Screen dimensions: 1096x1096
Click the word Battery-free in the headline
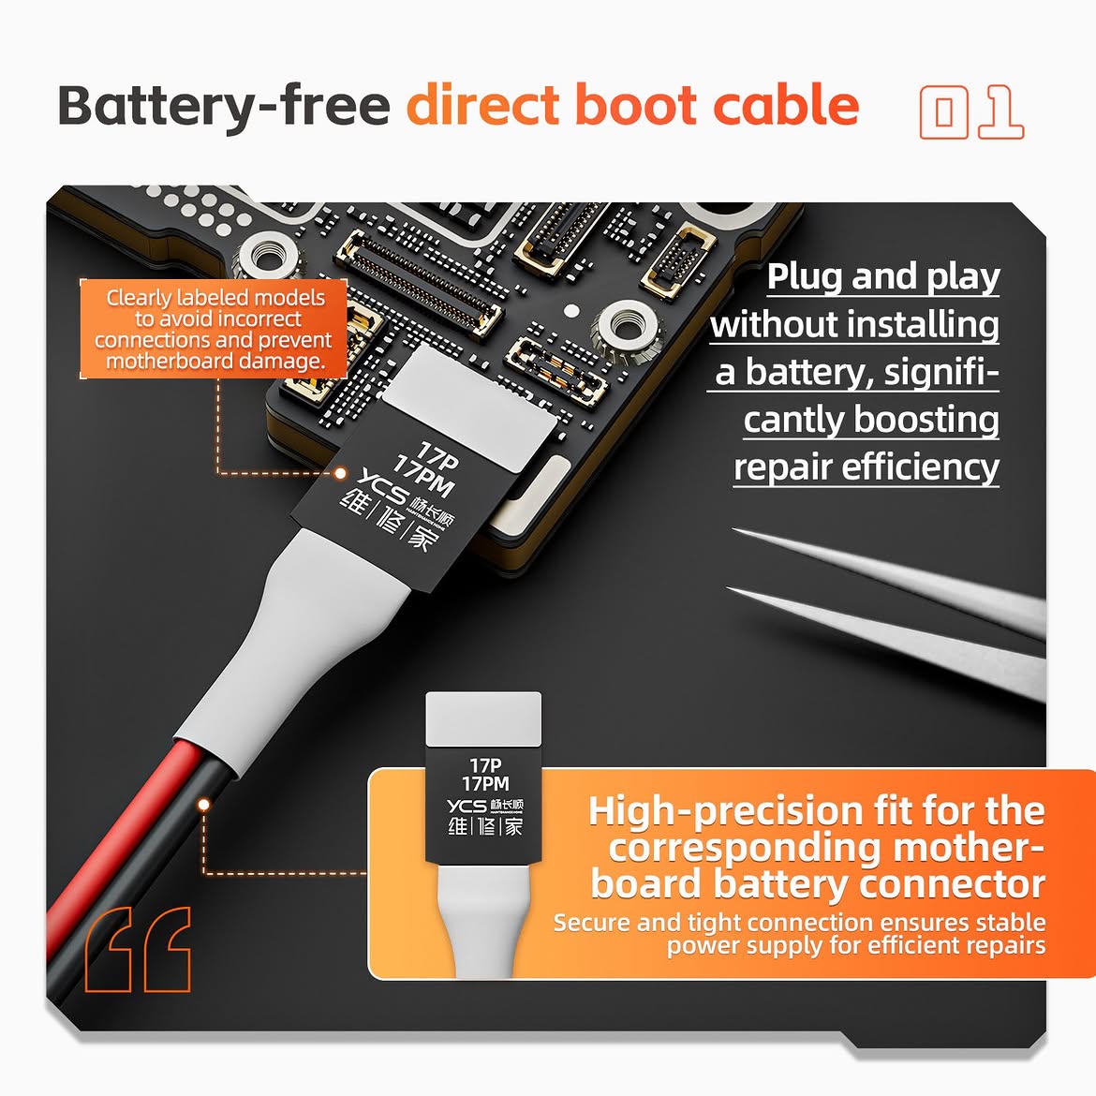[x=224, y=106]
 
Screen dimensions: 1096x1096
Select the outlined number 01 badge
[x=971, y=111]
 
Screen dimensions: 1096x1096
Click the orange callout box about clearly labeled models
[x=214, y=329]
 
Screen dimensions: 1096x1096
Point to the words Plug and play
[x=883, y=276]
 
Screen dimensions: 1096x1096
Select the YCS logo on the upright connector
[x=467, y=806]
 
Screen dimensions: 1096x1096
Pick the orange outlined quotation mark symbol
[x=138, y=949]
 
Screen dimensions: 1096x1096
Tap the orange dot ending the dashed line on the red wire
[x=203, y=805]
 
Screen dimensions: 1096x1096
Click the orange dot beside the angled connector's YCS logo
[x=340, y=473]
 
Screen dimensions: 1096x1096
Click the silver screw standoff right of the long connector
[x=627, y=326]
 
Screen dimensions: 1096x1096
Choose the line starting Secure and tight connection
[x=800, y=923]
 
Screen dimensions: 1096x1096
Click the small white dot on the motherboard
[x=571, y=310]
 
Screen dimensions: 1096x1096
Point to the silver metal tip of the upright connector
[x=483, y=719]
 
